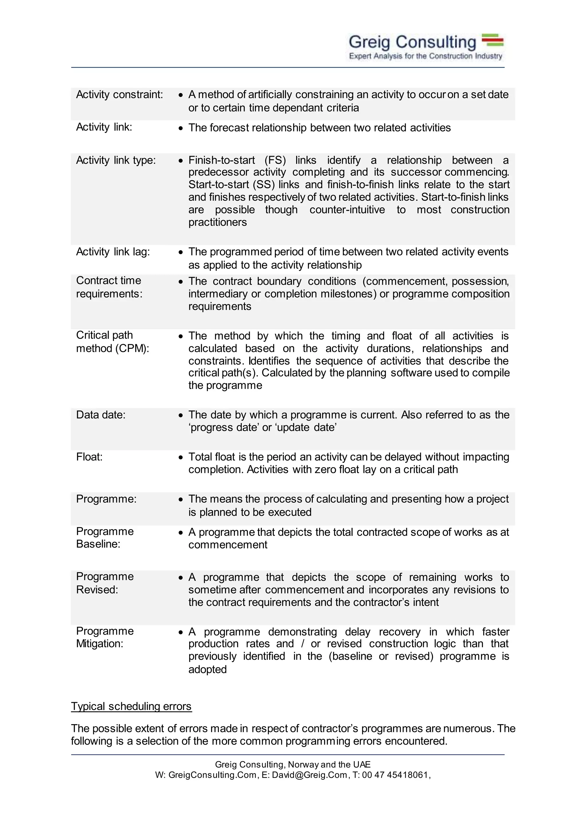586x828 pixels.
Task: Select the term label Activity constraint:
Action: (x=119, y=94)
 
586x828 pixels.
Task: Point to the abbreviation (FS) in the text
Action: (x=275, y=160)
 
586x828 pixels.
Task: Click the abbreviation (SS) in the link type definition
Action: (x=264, y=184)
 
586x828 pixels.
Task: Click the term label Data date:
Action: (x=101, y=415)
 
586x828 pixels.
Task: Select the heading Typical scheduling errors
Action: (x=131, y=706)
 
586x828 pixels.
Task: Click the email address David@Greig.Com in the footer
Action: (x=309, y=775)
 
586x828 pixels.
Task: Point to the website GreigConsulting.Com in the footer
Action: (x=212, y=775)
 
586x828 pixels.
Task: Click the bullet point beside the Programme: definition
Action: (x=181, y=499)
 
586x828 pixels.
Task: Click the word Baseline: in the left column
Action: (x=98, y=544)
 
